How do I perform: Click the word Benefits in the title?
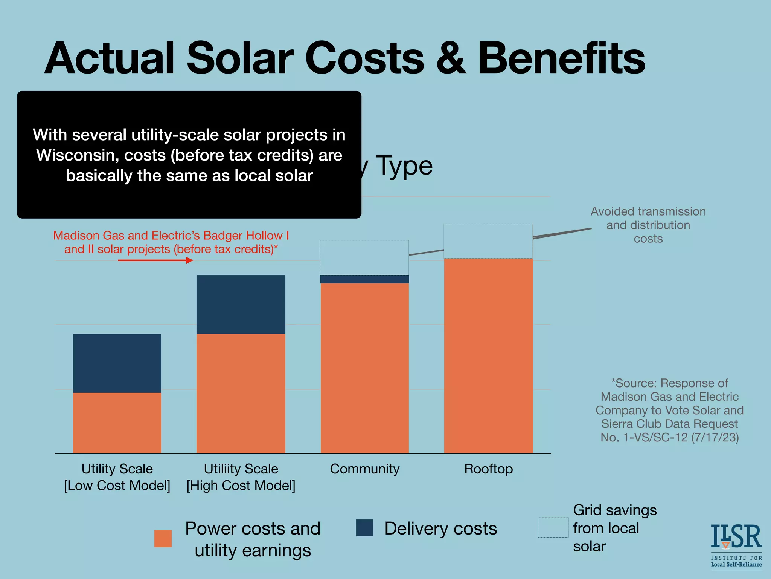click(561, 58)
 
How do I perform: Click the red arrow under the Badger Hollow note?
click(155, 260)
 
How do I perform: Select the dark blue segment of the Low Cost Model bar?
click(117, 363)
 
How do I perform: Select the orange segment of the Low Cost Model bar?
click(117, 423)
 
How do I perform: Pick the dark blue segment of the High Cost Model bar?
click(241, 304)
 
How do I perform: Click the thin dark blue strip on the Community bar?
click(364, 279)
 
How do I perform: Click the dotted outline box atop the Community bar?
click(364, 257)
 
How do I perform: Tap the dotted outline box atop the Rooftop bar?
click(488, 241)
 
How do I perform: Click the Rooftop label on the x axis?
click(488, 469)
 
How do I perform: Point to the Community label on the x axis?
click(364, 469)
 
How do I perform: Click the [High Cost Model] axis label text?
click(241, 486)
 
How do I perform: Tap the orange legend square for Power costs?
click(163, 538)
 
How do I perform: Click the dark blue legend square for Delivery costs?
click(364, 528)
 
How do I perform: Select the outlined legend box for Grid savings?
click(553, 527)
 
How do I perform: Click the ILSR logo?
click(736, 544)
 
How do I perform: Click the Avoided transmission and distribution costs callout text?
click(648, 225)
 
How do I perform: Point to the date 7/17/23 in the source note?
click(715, 437)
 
